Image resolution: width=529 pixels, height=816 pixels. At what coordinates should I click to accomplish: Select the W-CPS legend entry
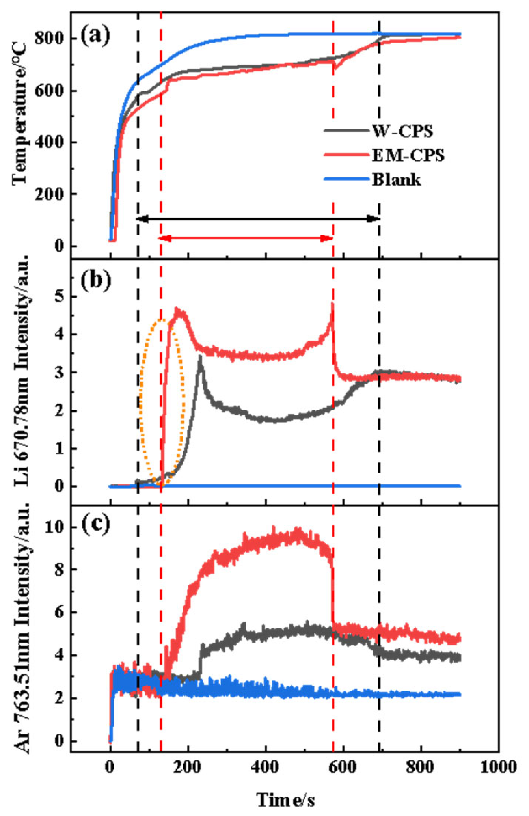tap(402, 131)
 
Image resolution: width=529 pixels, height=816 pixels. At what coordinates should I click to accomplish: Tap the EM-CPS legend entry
tap(408, 155)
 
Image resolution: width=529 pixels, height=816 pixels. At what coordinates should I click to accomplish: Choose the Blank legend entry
tap(396, 180)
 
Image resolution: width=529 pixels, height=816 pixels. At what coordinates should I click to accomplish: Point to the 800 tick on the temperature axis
tap(49, 39)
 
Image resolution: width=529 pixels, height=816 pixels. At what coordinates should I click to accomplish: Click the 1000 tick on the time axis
tap(498, 768)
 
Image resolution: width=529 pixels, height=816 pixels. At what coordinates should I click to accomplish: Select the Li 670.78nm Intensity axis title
tap(22, 371)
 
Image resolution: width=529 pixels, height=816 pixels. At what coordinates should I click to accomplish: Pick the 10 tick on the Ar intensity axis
tap(54, 527)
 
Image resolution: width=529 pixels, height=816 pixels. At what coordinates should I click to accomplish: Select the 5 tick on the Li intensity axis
tap(59, 296)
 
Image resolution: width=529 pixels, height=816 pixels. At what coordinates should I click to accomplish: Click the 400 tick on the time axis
tap(265, 768)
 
